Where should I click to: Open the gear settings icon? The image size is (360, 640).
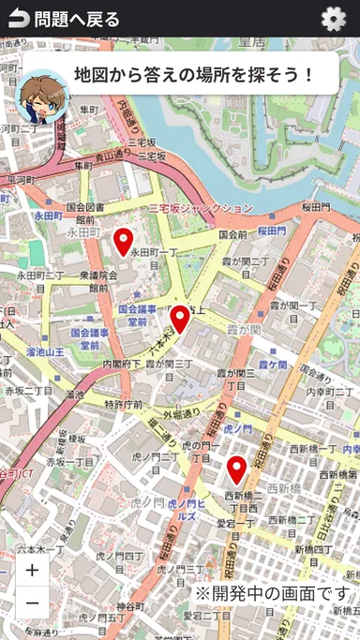tap(333, 19)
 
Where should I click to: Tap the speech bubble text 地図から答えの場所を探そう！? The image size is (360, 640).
tap(194, 74)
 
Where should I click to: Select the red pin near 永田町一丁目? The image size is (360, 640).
tap(123, 242)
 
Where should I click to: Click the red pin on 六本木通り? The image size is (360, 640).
tap(179, 319)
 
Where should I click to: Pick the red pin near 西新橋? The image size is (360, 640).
tap(236, 469)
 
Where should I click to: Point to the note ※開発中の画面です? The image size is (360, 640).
tap(271, 593)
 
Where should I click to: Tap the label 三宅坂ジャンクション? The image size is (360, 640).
tap(201, 208)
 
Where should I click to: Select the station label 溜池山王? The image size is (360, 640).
tap(45, 351)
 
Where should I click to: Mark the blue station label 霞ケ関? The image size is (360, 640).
tap(273, 365)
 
